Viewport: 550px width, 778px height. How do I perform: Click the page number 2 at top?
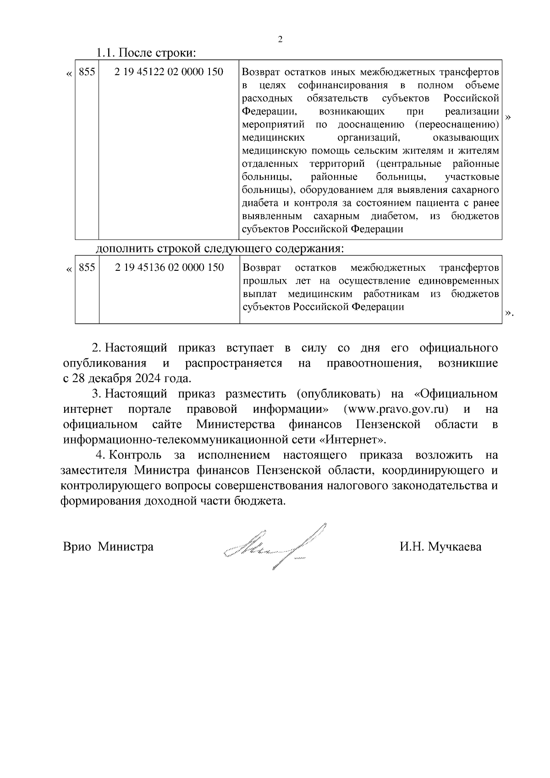click(x=280, y=39)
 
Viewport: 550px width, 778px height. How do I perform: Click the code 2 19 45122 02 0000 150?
click(x=169, y=72)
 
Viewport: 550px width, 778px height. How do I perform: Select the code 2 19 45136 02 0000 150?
click(x=170, y=267)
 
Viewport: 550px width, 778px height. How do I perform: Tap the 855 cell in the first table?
click(x=87, y=72)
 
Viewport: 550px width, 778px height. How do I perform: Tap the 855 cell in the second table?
click(x=87, y=267)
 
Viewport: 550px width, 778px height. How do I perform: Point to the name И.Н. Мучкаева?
click(x=440, y=547)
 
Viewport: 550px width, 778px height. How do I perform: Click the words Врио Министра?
click(x=108, y=547)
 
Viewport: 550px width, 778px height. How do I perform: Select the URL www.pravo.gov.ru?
click(x=399, y=409)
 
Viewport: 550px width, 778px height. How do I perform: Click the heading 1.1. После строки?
click(x=146, y=53)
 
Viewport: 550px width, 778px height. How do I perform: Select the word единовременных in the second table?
click(x=463, y=280)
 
